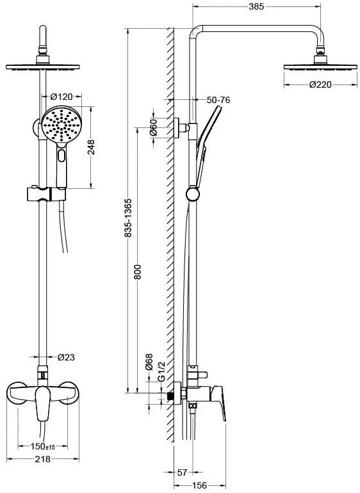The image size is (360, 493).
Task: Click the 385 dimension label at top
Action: [256, 6]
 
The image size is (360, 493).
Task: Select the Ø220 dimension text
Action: [320, 85]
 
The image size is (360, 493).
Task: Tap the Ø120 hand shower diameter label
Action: [61, 96]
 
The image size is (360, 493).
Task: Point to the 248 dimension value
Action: [90, 147]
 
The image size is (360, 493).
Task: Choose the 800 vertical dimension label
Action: [138, 272]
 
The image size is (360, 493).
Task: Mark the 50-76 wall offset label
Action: [218, 100]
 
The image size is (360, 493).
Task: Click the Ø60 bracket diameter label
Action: [153, 127]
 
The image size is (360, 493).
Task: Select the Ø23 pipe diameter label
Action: [66, 357]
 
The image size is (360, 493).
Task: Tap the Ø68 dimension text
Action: [149, 362]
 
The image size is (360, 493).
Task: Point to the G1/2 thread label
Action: [161, 371]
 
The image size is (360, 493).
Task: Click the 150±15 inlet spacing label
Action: [42, 446]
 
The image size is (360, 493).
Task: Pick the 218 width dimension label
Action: [42, 459]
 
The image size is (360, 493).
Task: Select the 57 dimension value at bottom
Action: [182, 473]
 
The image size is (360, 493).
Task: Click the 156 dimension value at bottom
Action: [199, 485]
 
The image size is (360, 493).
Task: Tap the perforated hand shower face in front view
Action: [61, 125]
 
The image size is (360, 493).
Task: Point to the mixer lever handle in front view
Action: [43, 403]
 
